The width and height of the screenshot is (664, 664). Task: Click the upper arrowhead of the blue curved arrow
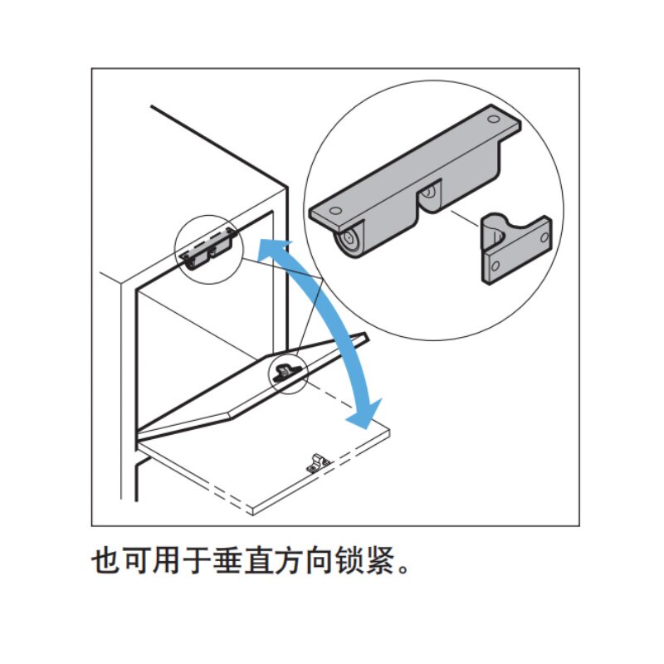click(267, 248)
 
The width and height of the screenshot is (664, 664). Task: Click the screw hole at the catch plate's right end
click(500, 121)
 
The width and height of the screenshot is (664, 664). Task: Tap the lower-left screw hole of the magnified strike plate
click(495, 267)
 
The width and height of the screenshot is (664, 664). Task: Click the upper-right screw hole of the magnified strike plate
click(544, 237)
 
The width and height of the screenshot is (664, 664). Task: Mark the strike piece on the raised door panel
click(287, 370)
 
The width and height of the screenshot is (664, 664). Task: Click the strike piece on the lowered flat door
click(319, 462)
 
